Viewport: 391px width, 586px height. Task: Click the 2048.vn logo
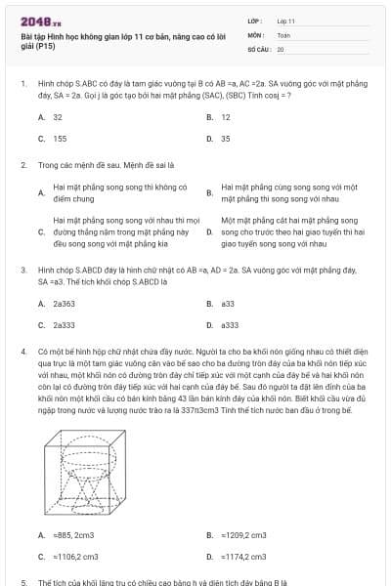point(35,21)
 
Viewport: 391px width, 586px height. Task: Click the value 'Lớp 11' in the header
point(285,21)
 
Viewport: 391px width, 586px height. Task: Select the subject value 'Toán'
point(283,34)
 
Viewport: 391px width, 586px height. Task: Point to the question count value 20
point(281,48)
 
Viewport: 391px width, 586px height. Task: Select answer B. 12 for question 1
point(225,116)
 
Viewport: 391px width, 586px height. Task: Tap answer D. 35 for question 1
point(225,139)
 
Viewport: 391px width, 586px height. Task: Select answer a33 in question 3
point(229,304)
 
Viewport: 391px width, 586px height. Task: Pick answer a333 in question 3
point(231,325)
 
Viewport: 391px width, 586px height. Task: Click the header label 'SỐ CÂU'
point(258,48)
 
